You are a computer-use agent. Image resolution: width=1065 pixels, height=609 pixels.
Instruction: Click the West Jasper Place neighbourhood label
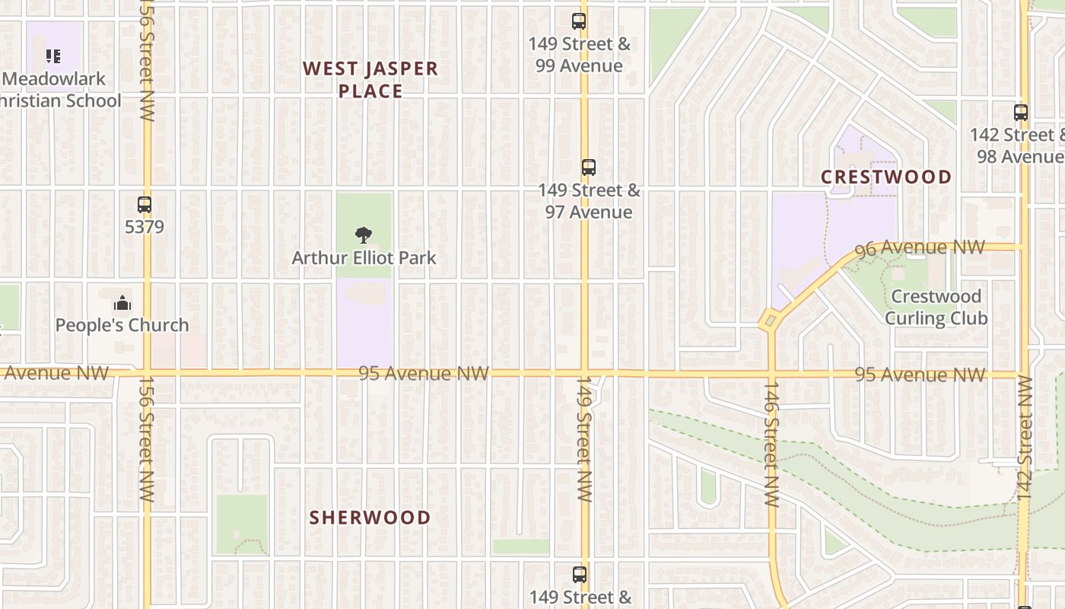tap(370, 80)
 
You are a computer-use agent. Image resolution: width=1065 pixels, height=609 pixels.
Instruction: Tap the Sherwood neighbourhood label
tap(370, 518)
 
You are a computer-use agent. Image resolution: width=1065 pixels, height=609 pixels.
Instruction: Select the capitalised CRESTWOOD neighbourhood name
tap(886, 177)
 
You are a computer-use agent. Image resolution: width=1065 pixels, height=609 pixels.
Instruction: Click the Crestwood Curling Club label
tap(936, 307)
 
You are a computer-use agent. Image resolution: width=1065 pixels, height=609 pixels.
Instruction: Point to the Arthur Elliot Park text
tap(364, 258)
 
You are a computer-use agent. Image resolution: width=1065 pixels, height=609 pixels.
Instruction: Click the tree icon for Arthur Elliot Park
tap(364, 235)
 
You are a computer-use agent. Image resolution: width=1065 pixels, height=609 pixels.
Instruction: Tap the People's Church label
tap(122, 325)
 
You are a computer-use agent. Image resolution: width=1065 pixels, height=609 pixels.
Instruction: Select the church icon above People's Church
tap(122, 304)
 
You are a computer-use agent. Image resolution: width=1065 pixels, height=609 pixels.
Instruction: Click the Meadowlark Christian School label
tap(61, 90)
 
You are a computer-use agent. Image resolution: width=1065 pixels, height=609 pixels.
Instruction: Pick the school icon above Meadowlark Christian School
tap(52, 56)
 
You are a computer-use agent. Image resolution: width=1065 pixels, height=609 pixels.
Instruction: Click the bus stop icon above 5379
tap(145, 205)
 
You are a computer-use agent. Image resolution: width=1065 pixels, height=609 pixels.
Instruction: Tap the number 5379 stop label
tap(145, 227)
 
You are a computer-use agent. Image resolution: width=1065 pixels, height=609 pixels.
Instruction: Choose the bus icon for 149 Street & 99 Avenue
tap(579, 21)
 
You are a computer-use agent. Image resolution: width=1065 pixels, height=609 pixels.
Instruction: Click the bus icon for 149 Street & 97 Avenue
tap(588, 167)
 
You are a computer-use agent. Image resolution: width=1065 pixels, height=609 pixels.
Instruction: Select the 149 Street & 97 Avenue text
tap(589, 201)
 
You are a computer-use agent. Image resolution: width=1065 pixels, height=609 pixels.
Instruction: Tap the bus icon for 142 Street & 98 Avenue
tap(1021, 113)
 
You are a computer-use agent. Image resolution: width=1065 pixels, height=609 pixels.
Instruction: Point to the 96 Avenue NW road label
tap(920, 248)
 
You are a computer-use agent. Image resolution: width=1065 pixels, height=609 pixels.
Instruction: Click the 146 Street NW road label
tap(771, 445)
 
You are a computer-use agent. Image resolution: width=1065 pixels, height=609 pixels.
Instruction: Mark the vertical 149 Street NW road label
tap(584, 438)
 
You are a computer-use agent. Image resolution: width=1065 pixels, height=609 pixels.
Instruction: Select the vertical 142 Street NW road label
tap(1024, 438)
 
